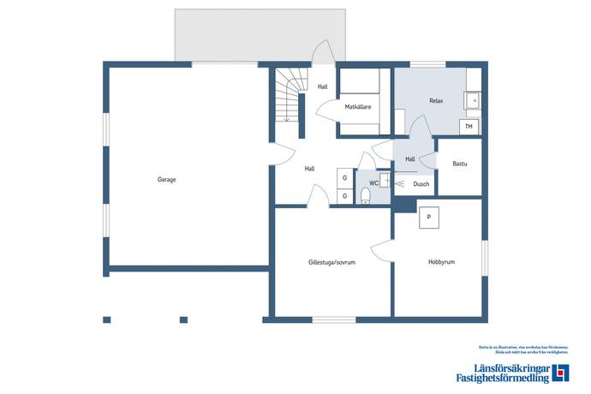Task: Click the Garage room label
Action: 166,180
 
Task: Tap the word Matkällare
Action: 357,107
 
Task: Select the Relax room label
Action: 435,101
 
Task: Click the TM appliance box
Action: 468,127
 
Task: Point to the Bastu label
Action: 459,163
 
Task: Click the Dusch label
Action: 421,183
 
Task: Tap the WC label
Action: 373,183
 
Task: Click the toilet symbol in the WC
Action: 366,198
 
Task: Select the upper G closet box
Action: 344,177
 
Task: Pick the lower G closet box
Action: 344,196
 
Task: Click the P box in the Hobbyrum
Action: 429,218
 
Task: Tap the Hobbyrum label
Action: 441,262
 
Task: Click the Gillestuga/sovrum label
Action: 332,262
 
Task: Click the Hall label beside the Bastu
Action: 410,159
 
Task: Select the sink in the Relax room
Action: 472,100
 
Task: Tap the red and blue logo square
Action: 561,373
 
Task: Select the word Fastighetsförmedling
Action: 501,379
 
